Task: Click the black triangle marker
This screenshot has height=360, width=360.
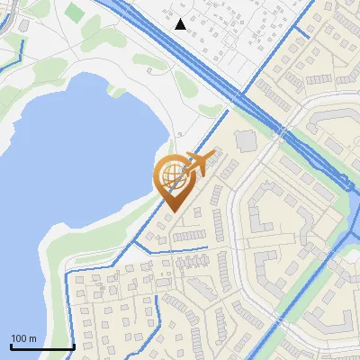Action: [181, 24]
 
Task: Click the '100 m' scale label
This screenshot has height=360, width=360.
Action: [23, 338]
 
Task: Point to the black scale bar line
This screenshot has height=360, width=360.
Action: [41, 347]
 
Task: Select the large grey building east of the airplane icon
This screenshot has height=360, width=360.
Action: [245, 141]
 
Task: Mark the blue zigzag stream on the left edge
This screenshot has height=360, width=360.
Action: [11, 54]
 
